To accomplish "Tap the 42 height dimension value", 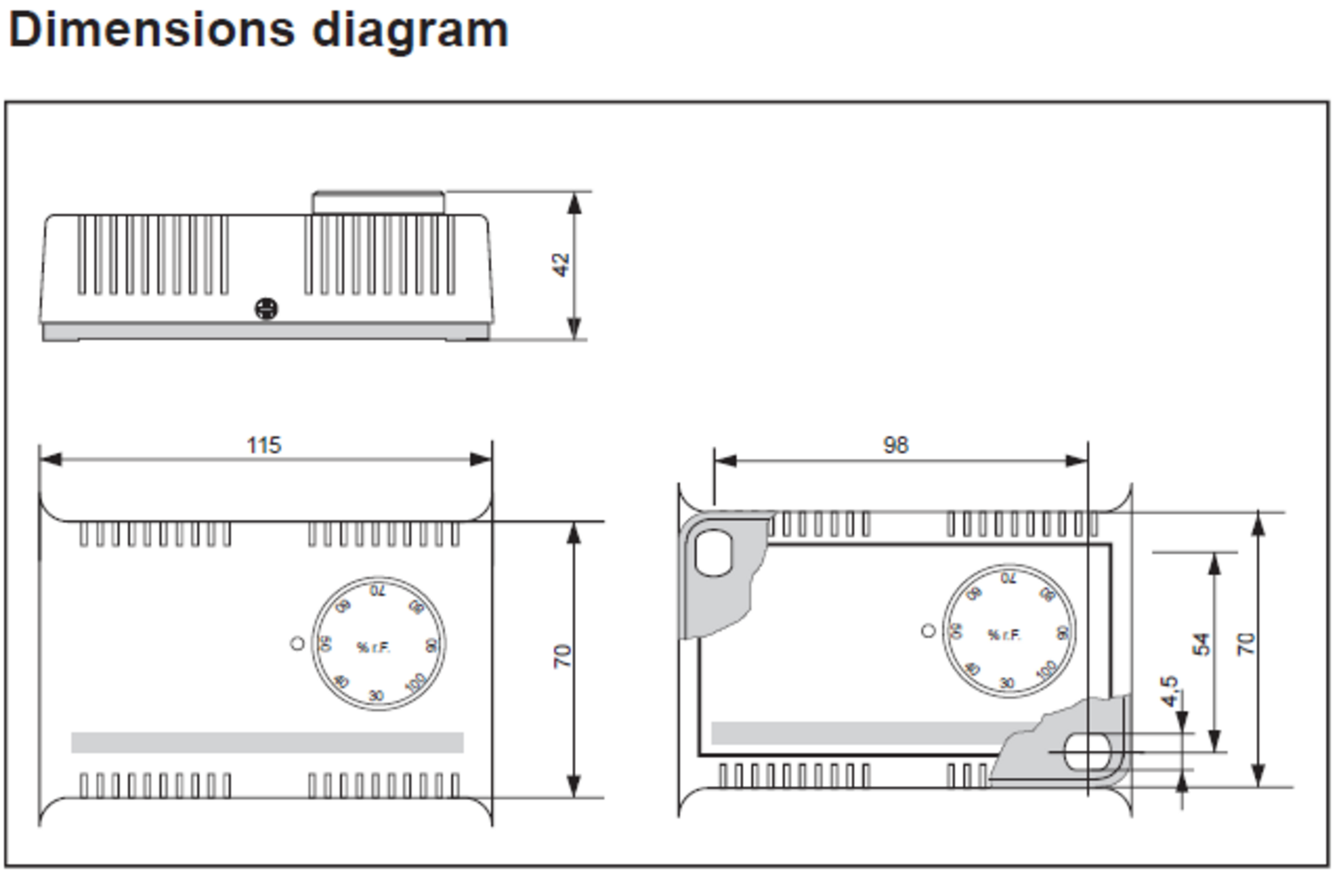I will [560, 265].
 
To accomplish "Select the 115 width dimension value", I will [264, 444].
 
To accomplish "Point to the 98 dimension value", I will [895, 444].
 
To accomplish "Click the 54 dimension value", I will [1202, 644].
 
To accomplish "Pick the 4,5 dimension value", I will [1169, 690].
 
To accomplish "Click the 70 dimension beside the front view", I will [561, 656].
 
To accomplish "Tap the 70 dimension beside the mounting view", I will [1245, 644].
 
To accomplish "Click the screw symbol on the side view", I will [266, 308].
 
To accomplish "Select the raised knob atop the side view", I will [378, 202].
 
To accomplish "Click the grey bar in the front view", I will [267, 742].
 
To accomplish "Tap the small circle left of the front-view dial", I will [298, 643].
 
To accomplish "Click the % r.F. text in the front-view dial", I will [374, 647].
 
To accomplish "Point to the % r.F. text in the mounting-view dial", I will [1004, 635].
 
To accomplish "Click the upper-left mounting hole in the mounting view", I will [713, 552].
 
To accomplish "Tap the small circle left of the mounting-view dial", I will [928, 630].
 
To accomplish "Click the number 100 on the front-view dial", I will [415, 683].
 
